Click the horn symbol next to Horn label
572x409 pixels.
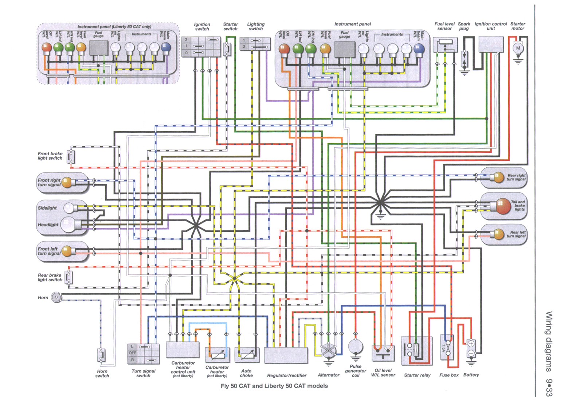[x=56, y=297]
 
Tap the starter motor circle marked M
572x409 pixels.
[x=518, y=48]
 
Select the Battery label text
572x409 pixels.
[x=471, y=375]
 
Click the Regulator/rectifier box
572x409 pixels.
[x=286, y=355]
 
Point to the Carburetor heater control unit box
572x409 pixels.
[x=183, y=350]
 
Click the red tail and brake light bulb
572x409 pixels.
[x=503, y=206]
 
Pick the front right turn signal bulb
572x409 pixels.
[x=67, y=182]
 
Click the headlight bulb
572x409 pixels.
[x=67, y=225]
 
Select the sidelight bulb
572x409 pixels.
[x=68, y=208]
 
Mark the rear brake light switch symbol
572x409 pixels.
[x=69, y=277]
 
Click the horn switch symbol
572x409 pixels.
[x=102, y=355]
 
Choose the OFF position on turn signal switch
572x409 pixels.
[x=132, y=353]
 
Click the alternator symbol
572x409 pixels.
[x=329, y=350]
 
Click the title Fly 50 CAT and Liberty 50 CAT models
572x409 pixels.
[x=274, y=386]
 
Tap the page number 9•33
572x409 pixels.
[x=549, y=387]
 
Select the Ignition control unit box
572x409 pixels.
[x=491, y=45]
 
